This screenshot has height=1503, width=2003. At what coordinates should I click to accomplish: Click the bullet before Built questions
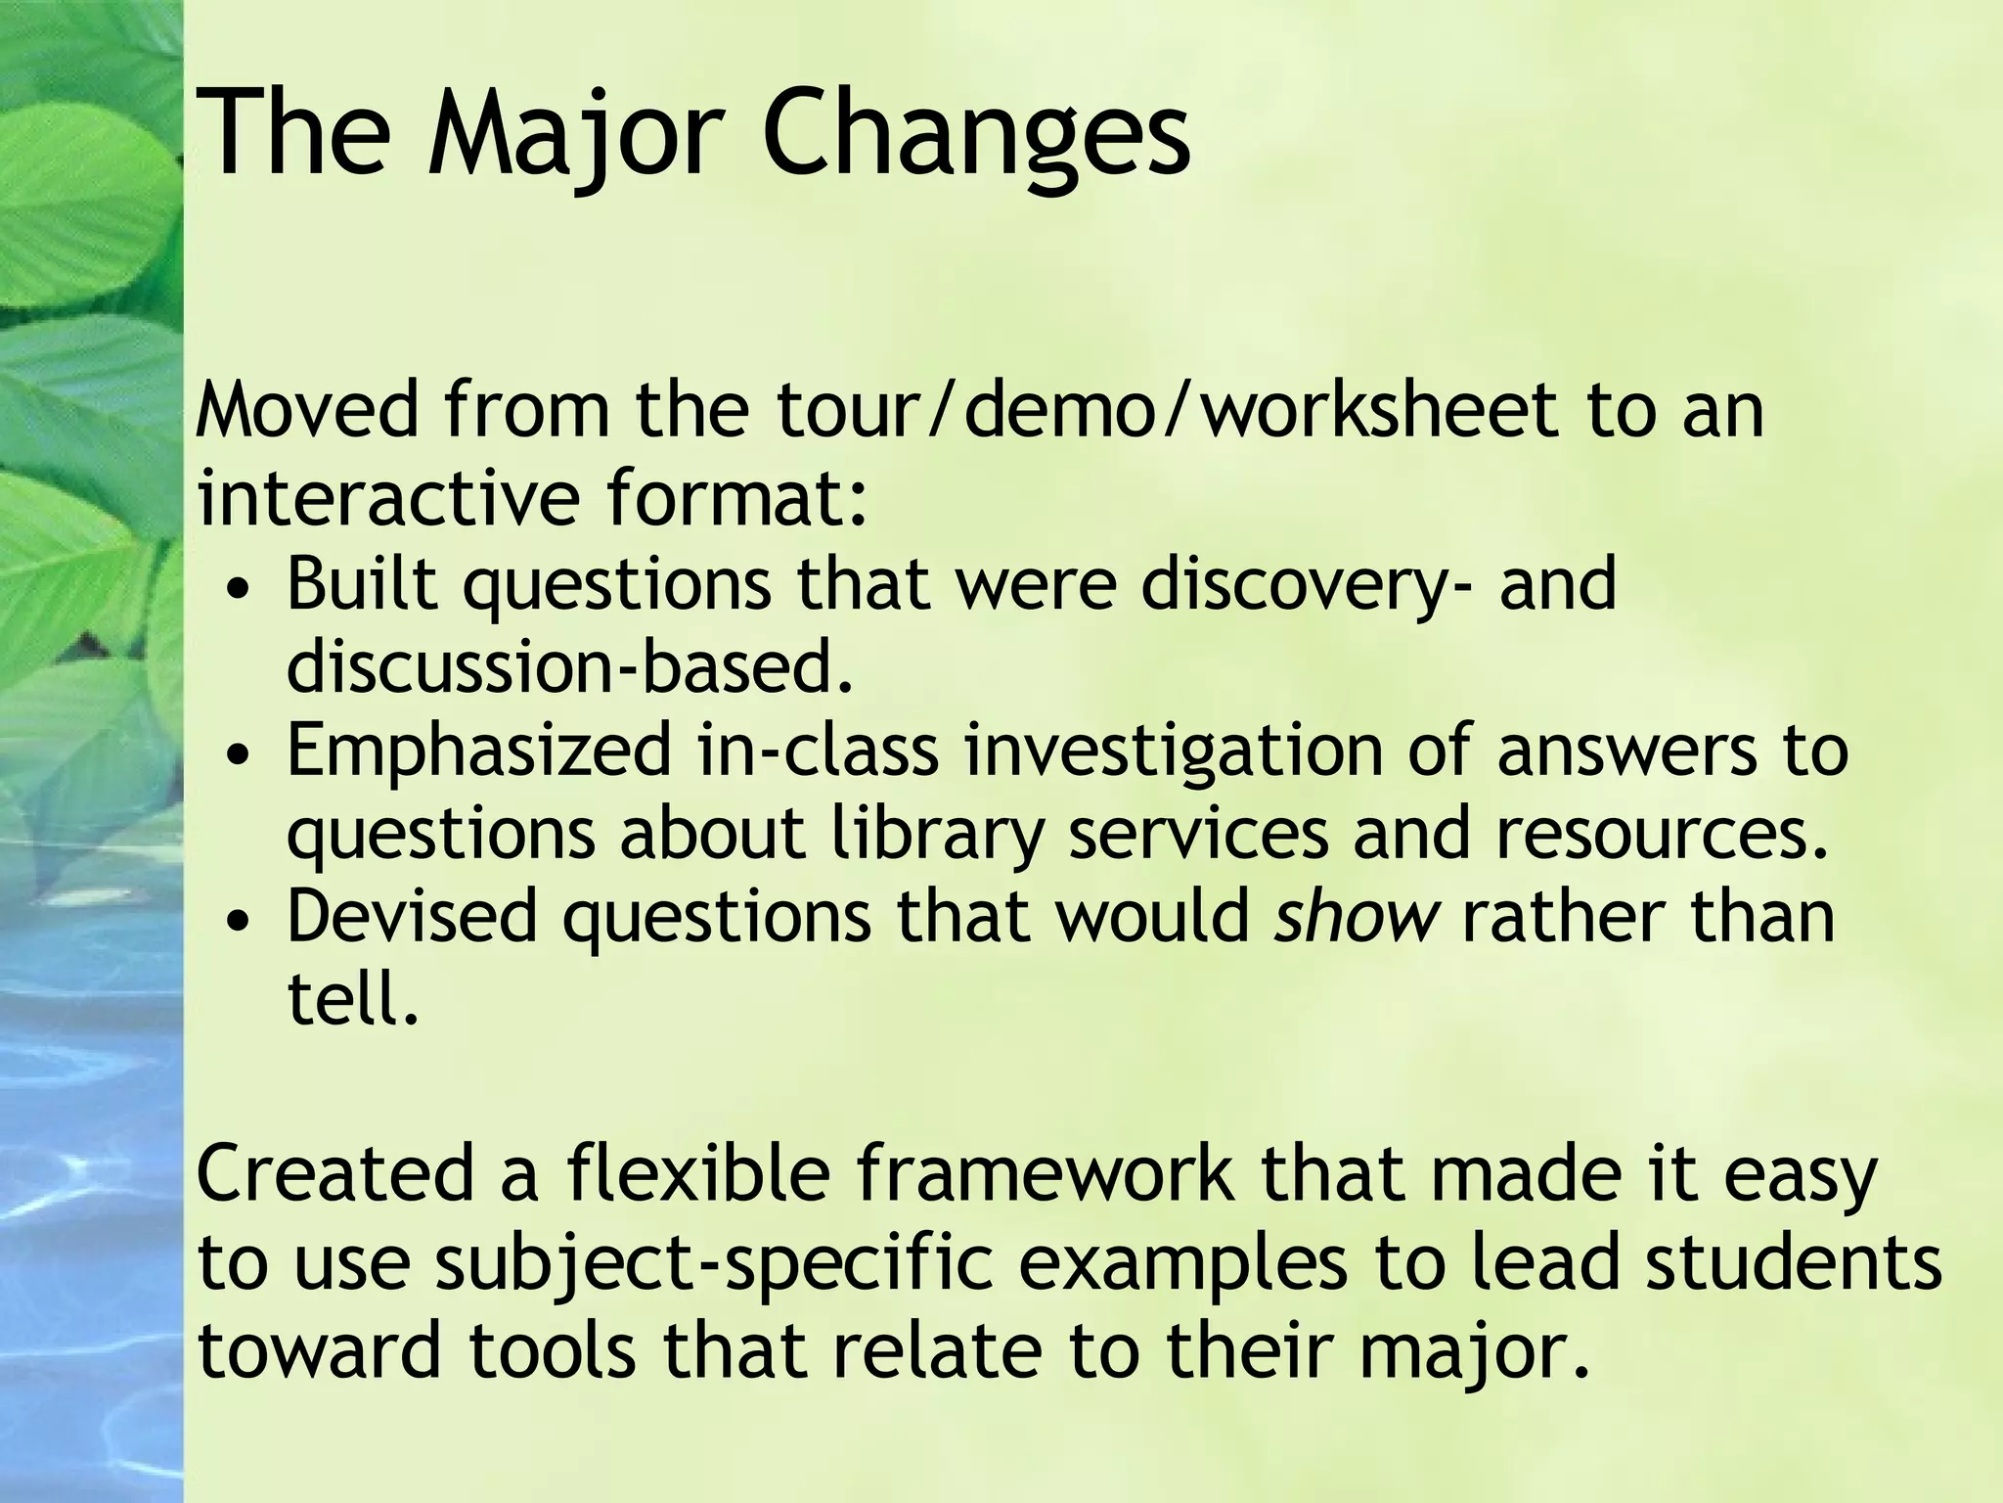(241, 591)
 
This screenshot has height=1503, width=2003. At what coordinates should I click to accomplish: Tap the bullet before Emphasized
(241, 756)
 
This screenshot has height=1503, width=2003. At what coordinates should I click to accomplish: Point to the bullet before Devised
(241, 922)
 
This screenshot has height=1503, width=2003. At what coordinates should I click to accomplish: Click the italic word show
(1357, 918)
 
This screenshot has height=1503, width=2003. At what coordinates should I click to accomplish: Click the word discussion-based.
(570, 667)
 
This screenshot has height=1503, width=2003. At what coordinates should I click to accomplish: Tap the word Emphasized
(479, 751)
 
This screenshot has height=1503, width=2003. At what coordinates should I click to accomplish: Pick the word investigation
(1173, 751)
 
